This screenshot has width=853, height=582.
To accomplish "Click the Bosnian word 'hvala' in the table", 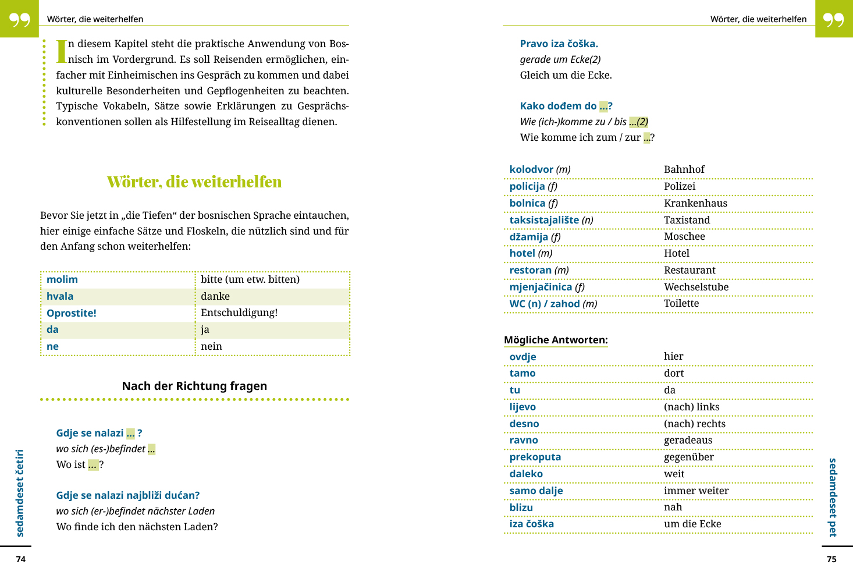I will [x=60, y=296].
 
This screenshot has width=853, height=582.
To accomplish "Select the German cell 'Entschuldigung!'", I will [x=239, y=313].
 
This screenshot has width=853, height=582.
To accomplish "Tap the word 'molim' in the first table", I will [x=62, y=279].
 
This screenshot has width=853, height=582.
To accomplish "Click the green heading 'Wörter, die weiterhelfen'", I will [x=194, y=182].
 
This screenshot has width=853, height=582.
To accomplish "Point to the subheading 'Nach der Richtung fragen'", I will [x=194, y=386].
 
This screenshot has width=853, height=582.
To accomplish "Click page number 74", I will [x=21, y=559].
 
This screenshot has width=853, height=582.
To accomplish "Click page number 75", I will [x=831, y=559].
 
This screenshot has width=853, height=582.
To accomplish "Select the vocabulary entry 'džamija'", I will [x=528, y=237].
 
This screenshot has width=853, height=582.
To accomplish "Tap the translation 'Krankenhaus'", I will [x=695, y=203].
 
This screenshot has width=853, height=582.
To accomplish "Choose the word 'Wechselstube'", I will [x=696, y=287].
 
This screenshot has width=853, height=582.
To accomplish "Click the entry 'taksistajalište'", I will [x=544, y=220].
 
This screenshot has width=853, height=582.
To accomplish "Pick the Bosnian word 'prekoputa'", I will [x=535, y=457].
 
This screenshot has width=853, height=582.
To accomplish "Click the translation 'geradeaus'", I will [x=688, y=440].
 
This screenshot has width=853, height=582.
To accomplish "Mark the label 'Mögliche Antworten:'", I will [x=556, y=340].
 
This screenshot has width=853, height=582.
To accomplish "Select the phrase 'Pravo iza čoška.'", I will [x=559, y=44].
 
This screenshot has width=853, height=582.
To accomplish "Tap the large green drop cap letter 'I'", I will [x=61, y=51].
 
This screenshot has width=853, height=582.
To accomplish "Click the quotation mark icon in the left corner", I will [x=19, y=19].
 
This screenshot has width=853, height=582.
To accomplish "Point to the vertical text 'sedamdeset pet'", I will [x=833, y=497].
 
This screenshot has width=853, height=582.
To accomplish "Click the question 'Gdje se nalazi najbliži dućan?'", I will [x=128, y=495].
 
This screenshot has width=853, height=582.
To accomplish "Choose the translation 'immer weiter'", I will [x=696, y=491].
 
